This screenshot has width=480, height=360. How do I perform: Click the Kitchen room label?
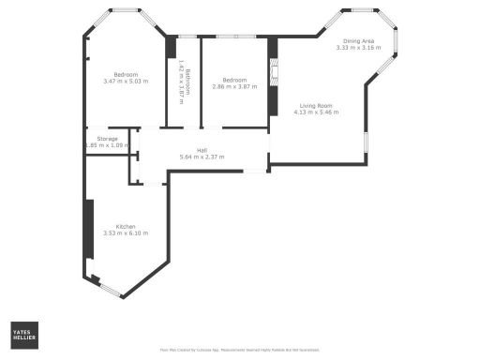126,226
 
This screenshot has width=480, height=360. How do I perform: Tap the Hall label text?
202,150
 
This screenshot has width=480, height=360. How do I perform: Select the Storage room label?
107,139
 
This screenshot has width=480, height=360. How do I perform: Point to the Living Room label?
316,106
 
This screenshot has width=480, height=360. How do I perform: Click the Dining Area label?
359,41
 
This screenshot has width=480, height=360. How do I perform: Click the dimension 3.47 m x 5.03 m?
127,82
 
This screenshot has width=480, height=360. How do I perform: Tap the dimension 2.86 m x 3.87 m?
234,87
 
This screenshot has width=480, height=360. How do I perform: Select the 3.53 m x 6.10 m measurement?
126,233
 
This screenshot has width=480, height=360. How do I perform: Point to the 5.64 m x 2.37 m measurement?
202,157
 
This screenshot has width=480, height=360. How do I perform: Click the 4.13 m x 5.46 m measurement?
316,112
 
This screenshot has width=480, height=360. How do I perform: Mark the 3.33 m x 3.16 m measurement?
359,48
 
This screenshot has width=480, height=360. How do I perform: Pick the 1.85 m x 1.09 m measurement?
106,145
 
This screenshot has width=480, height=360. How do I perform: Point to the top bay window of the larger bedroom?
124,10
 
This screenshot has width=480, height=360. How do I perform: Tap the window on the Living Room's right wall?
365,141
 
